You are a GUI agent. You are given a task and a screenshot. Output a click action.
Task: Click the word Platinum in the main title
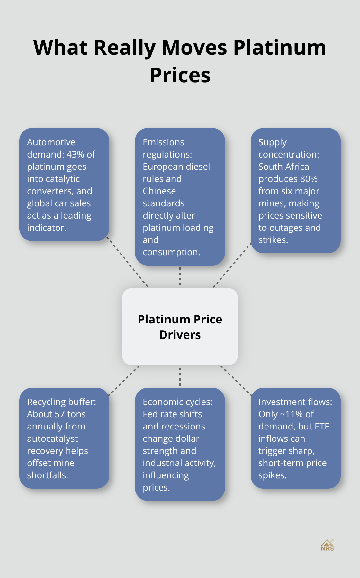[x=279, y=48]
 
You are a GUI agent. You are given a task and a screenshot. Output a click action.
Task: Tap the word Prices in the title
[x=180, y=76]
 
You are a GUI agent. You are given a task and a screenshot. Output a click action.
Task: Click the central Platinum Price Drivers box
[x=180, y=327]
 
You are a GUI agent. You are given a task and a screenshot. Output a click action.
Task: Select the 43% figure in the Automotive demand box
[x=76, y=154]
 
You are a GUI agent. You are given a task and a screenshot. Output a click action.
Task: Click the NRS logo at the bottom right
[x=327, y=546]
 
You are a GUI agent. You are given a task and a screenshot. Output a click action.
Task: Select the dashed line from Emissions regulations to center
[x=180, y=276]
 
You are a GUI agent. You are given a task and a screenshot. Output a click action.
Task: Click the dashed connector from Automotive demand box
[x=127, y=262]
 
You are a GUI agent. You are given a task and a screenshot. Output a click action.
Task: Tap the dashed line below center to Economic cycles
[x=180, y=376]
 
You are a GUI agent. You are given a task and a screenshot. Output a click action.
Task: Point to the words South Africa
[x=283, y=167]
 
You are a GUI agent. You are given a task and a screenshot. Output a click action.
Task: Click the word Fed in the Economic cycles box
[x=150, y=414]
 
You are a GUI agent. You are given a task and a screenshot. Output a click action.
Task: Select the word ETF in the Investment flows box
[x=322, y=426]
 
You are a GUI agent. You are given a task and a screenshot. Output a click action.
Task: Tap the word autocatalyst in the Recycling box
[x=52, y=438]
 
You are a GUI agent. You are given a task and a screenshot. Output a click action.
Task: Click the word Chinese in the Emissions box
[x=159, y=191]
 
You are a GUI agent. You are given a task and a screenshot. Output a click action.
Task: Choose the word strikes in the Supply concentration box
[x=273, y=240]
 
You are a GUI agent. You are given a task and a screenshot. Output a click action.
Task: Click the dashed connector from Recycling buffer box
[x=124, y=380]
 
